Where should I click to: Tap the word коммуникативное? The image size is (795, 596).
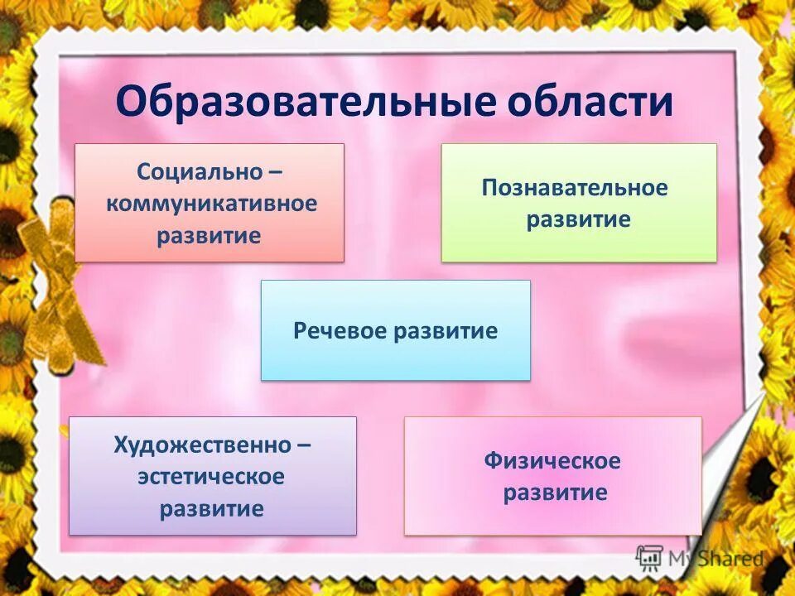pyautogui.click(x=211, y=204)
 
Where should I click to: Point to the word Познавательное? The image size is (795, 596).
pyautogui.click(x=574, y=188)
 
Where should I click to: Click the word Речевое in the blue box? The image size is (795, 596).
pyautogui.click(x=340, y=331)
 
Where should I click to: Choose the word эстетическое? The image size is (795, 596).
pyautogui.click(x=211, y=477)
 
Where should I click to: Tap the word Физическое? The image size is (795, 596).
pyautogui.click(x=552, y=461)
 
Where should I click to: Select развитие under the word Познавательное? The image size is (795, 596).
pyautogui.click(x=578, y=220)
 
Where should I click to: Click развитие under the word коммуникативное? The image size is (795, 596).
pyautogui.click(x=209, y=235)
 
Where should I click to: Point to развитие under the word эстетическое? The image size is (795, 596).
pyautogui.click(x=211, y=508)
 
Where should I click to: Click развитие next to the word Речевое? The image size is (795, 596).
pyautogui.click(x=446, y=331)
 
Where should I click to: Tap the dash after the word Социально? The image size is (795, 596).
pyautogui.click(x=274, y=174)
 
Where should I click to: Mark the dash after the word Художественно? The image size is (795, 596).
pyautogui.click(x=304, y=446)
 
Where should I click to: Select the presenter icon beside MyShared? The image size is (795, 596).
pyautogui.click(x=649, y=557)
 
